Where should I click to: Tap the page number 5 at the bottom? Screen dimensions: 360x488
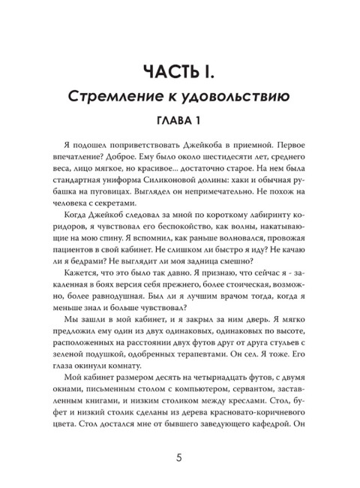180,457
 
